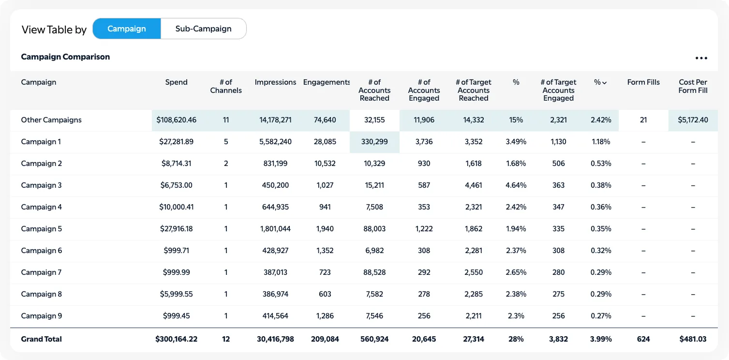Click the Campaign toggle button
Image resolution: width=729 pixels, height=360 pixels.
pos(126,29)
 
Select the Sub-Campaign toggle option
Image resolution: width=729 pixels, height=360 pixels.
pos(203,29)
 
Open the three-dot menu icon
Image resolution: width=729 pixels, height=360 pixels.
pos(701,58)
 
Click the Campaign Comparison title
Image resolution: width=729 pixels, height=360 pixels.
pos(65,57)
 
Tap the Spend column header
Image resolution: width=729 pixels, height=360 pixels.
pos(176,82)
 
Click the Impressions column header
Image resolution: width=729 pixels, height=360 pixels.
pos(275,82)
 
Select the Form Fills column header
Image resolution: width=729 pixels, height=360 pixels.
pos(643,82)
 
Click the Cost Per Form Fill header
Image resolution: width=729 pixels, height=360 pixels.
pos(693,86)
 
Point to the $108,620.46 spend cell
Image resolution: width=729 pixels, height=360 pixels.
pos(177,120)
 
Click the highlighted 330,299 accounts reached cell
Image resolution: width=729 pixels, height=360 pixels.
pos(374,142)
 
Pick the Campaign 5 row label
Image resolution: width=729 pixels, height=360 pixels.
pos(42,229)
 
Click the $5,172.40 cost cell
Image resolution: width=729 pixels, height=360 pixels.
pos(693,120)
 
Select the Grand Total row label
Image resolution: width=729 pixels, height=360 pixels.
pos(42,339)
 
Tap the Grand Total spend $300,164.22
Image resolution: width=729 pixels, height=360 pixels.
pos(176,339)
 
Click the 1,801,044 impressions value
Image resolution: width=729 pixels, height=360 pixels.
pos(275,229)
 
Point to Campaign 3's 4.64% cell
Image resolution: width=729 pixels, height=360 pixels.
pos(516,185)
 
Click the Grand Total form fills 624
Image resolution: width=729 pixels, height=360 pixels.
pos(643,339)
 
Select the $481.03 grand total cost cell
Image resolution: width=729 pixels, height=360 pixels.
pos(693,339)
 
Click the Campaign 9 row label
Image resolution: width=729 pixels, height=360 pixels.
pos(42,316)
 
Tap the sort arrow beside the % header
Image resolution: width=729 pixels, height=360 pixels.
pos(605,83)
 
